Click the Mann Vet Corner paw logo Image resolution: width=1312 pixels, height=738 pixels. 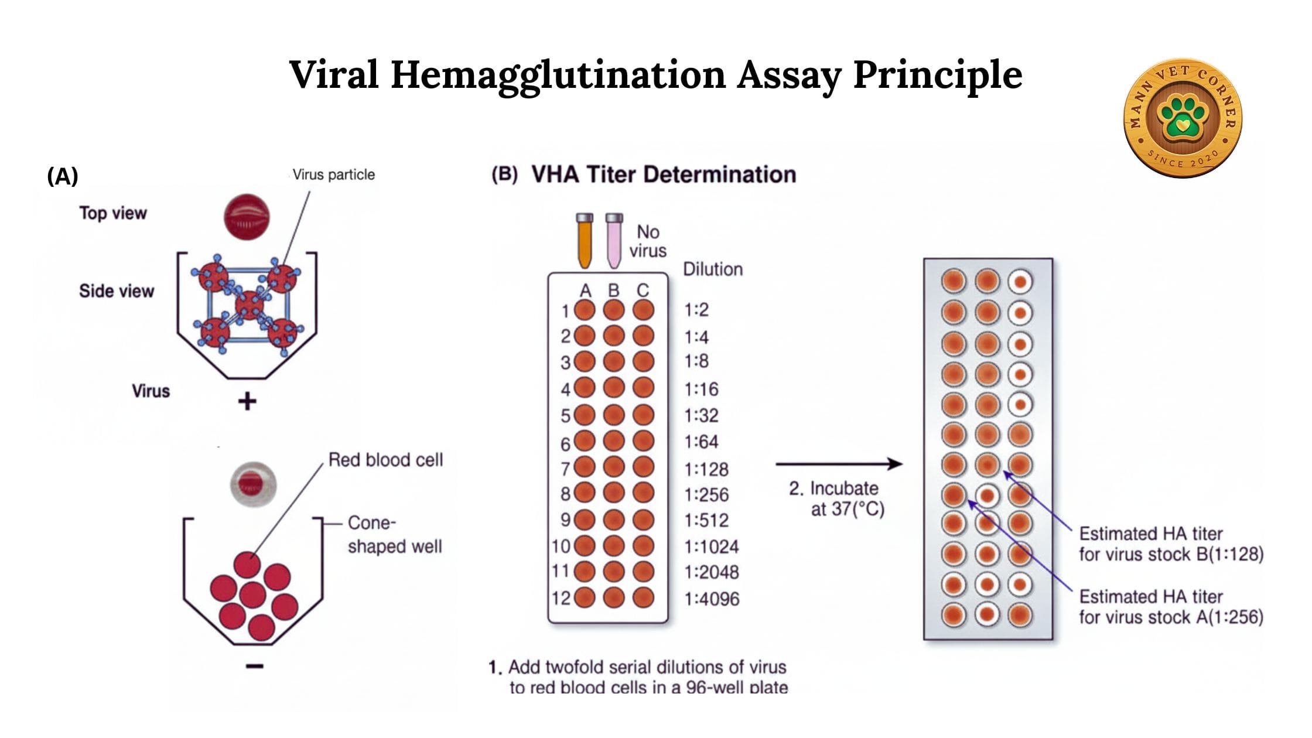tap(1183, 117)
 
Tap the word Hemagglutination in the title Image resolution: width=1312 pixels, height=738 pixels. tap(558, 75)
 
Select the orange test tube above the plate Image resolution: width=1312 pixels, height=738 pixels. tap(585, 241)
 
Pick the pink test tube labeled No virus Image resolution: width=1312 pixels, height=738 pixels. tap(614, 241)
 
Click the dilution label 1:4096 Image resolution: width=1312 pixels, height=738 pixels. tap(712, 599)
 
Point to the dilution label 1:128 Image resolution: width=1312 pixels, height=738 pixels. tap(706, 469)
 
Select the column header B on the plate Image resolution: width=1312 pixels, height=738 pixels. tap(614, 291)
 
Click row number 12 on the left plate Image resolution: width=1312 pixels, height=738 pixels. tap(561, 598)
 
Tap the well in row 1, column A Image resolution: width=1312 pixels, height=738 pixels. tap(585, 310)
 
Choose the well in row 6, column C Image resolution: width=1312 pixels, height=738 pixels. tap(643, 441)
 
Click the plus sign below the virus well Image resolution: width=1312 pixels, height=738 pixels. tap(247, 401)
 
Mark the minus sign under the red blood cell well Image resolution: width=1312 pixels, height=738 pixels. tap(254, 666)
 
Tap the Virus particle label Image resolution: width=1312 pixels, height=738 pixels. tap(333, 175)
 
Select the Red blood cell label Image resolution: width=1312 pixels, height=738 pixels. tap(385, 460)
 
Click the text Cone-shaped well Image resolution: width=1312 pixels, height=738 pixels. tap(394, 534)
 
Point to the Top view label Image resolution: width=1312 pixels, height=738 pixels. tap(113, 213)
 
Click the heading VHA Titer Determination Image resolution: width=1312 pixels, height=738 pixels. tap(663, 175)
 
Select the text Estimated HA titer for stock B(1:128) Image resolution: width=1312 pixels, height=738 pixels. tap(1171, 544)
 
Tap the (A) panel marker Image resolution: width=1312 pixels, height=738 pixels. tap(63, 176)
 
